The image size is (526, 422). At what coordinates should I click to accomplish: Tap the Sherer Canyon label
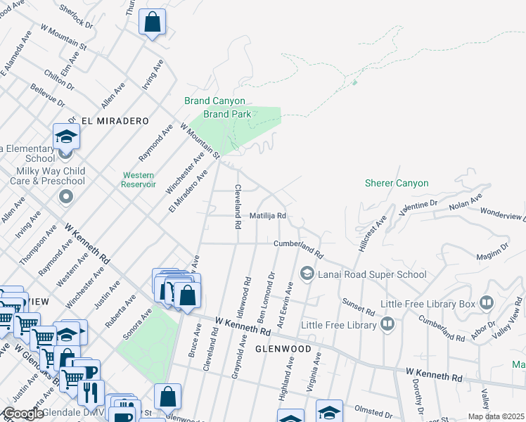(x=396, y=184)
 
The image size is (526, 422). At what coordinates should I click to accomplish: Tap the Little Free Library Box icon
(x=487, y=303)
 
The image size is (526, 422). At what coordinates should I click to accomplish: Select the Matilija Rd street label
(x=267, y=216)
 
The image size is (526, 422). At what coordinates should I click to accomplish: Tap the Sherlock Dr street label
(x=77, y=15)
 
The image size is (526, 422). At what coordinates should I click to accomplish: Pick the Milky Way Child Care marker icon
(x=66, y=196)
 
